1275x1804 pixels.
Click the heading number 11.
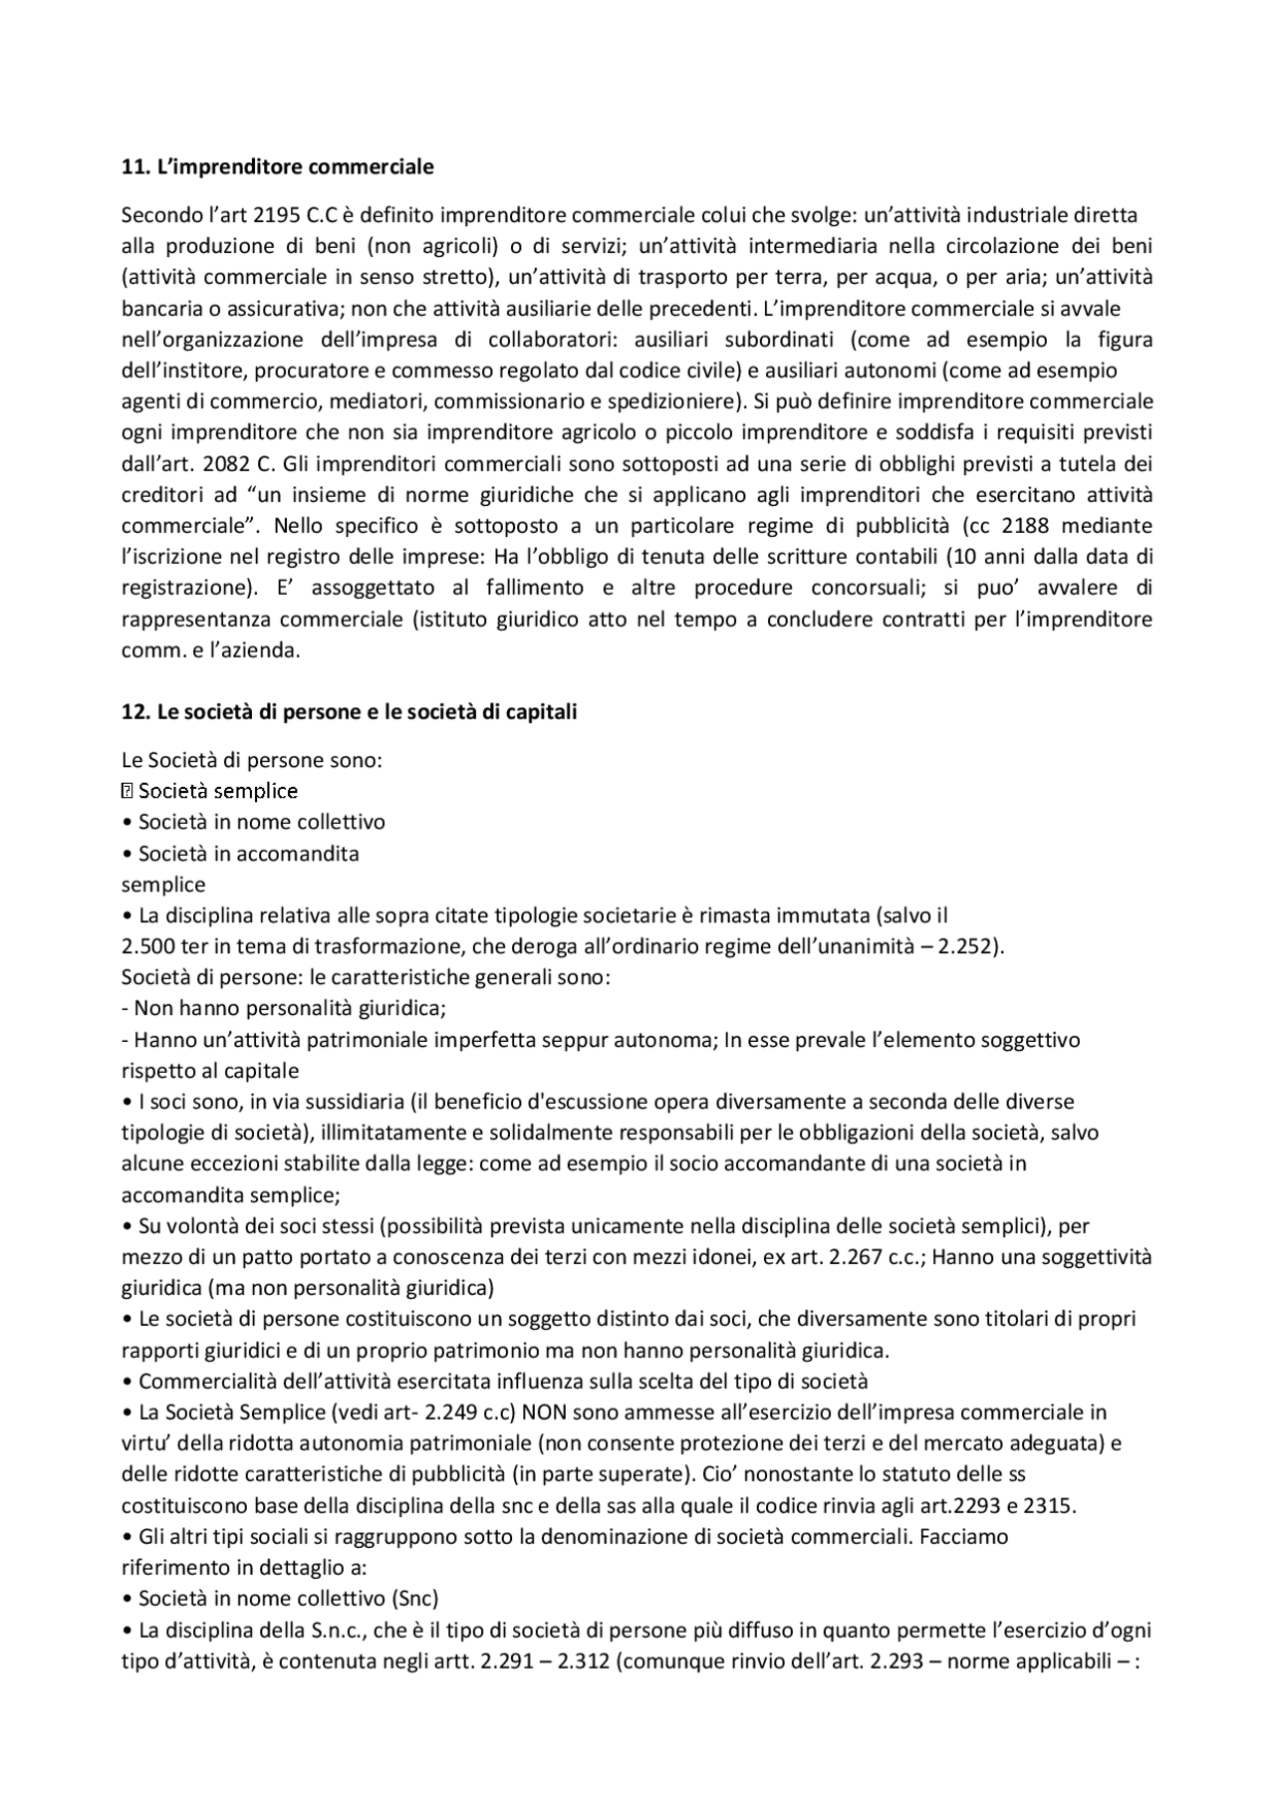133,166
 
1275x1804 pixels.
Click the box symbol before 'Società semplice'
127,791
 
